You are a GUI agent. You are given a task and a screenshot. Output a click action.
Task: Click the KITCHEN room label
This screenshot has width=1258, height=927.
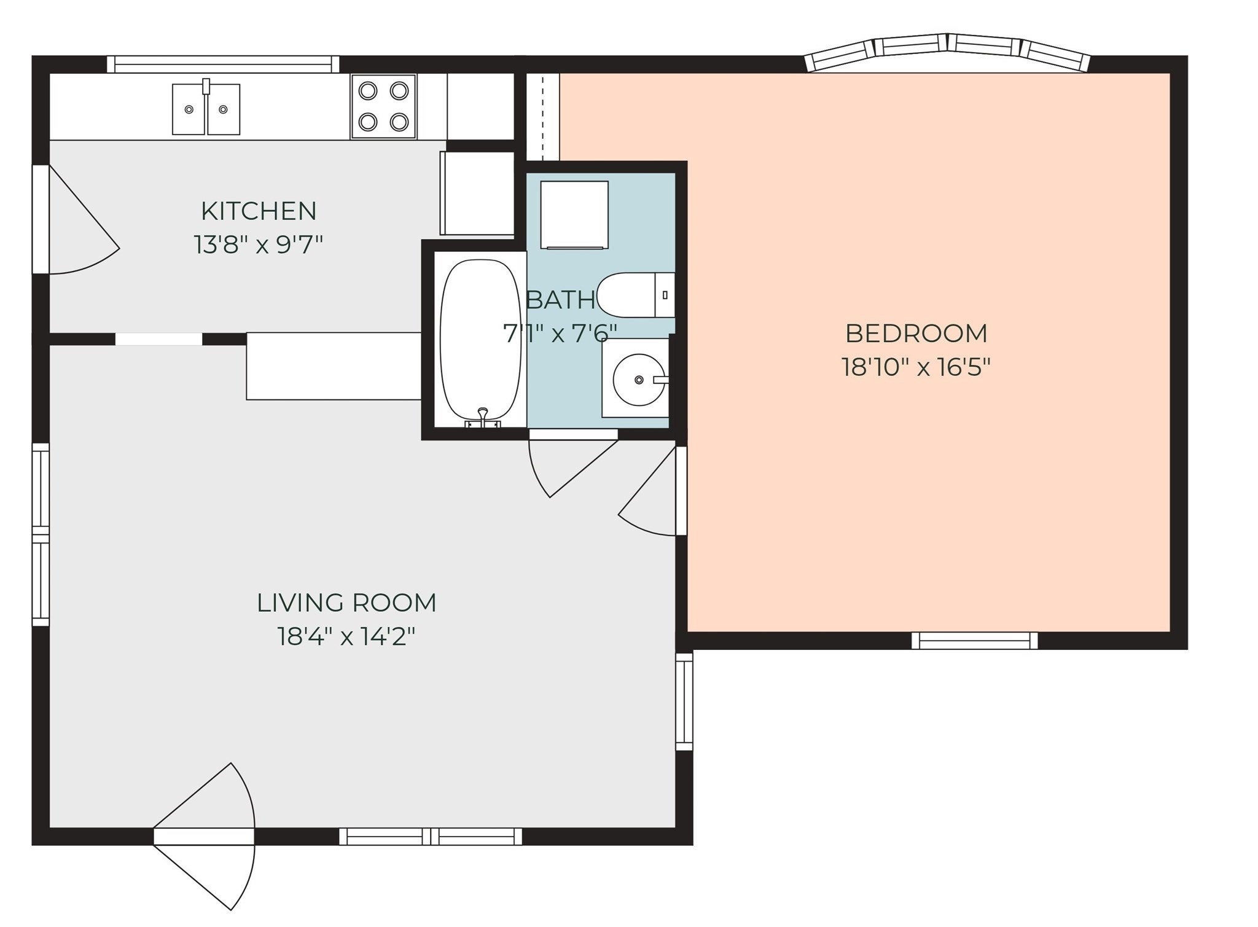tap(259, 211)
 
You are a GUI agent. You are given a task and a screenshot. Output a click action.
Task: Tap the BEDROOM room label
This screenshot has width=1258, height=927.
tap(916, 334)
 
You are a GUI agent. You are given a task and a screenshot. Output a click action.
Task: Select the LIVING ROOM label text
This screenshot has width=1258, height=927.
tap(346, 603)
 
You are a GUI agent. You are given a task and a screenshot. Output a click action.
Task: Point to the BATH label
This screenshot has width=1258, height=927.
tap(561, 300)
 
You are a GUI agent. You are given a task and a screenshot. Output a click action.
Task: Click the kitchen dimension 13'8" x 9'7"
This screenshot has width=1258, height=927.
tap(259, 245)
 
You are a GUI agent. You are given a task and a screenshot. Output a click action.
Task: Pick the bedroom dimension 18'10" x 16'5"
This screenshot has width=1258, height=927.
tap(916, 367)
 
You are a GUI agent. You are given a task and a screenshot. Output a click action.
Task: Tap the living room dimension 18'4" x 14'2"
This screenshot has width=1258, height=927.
tap(346, 636)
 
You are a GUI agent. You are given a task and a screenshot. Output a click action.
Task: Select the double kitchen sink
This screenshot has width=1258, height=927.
tap(206, 108)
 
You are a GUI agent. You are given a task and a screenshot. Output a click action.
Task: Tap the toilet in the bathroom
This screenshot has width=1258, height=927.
tap(636, 295)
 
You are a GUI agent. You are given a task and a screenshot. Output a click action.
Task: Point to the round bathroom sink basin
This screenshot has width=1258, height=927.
tap(639, 380)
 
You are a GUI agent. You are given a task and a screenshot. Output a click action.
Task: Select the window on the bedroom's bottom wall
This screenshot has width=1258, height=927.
tap(975, 641)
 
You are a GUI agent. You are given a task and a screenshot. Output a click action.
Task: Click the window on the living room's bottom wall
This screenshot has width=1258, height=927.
tap(431, 837)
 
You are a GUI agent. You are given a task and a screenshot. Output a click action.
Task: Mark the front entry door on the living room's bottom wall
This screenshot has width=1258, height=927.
tap(204, 837)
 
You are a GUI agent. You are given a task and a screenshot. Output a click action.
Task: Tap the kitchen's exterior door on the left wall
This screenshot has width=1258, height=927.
tap(77, 219)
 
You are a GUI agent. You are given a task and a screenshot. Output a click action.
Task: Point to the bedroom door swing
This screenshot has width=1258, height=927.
tap(652, 491)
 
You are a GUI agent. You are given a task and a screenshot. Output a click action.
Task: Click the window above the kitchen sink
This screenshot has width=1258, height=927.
tap(223, 65)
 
